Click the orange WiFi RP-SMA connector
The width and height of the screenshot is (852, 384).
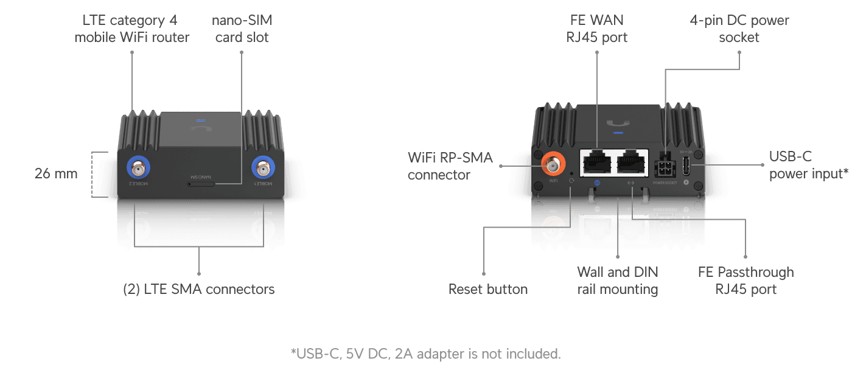[553, 164]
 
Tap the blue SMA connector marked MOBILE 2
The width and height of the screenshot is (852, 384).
[138, 166]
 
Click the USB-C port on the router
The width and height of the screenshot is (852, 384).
[686, 165]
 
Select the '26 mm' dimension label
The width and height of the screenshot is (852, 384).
[56, 173]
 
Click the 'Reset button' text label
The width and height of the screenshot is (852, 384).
[487, 289]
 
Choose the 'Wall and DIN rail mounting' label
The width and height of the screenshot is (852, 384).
[618, 281]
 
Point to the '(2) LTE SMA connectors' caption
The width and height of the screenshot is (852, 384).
[198, 289]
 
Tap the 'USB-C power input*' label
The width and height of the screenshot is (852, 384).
[808, 166]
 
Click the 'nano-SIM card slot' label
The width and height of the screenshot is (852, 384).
[242, 29]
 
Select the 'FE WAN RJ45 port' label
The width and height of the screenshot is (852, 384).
[596, 29]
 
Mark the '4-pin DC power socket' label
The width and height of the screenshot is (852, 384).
[739, 29]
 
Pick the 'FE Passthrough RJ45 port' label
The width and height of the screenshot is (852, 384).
[745, 281]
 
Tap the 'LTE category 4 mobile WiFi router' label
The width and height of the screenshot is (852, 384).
[132, 29]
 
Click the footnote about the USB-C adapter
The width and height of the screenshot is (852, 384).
[425, 354]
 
